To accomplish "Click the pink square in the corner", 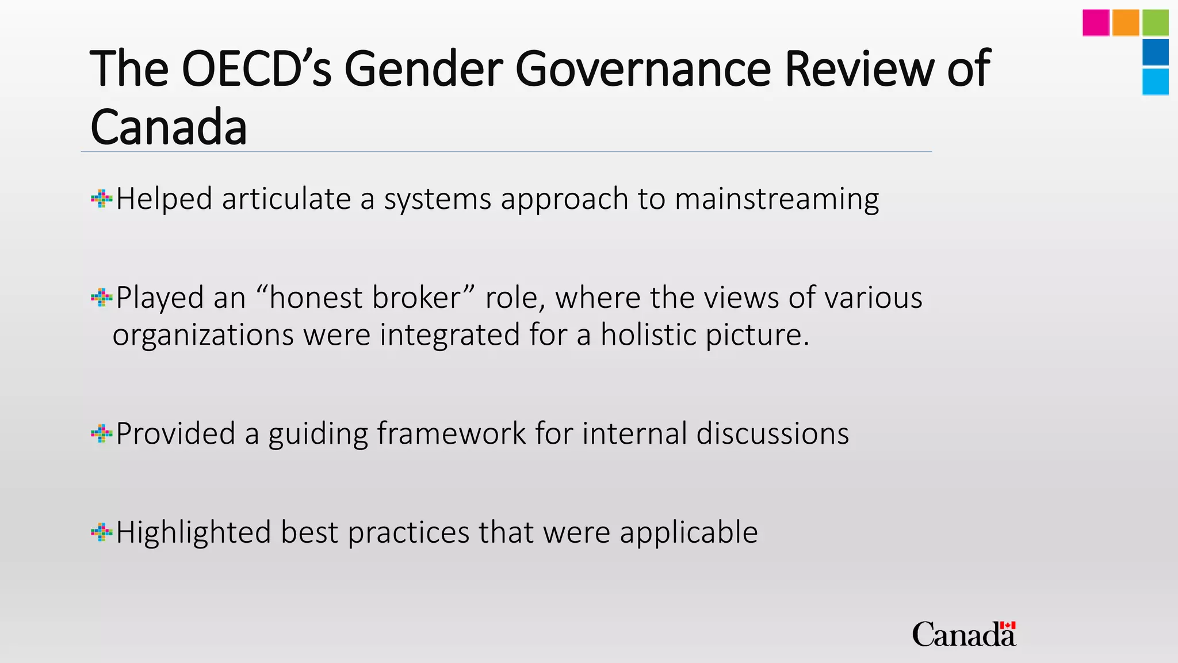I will pyautogui.click(x=1096, y=23).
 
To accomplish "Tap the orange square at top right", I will pyautogui.click(x=1126, y=23).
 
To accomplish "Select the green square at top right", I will pyautogui.click(x=1155, y=23).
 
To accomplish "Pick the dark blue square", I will pyautogui.click(x=1155, y=52).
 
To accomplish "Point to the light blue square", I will pyautogui.click(x=1155, y=82).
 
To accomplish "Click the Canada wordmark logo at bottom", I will pyautogui.click(x=964, y=634).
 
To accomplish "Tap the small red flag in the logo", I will pyautogui.click(x=1008, y=626).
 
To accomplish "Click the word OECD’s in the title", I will pyautogui.click(x=257, y=69).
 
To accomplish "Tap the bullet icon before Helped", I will pyautogui.click(x=101, y=199).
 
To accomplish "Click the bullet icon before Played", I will pyautogui.click(x=101, y=298).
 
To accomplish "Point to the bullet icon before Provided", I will pyautogui.click(x=101, y=434).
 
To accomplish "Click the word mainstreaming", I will pyautogui.click(x=777, y=199).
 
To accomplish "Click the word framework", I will pyautogui.click(x=452, y=433).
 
